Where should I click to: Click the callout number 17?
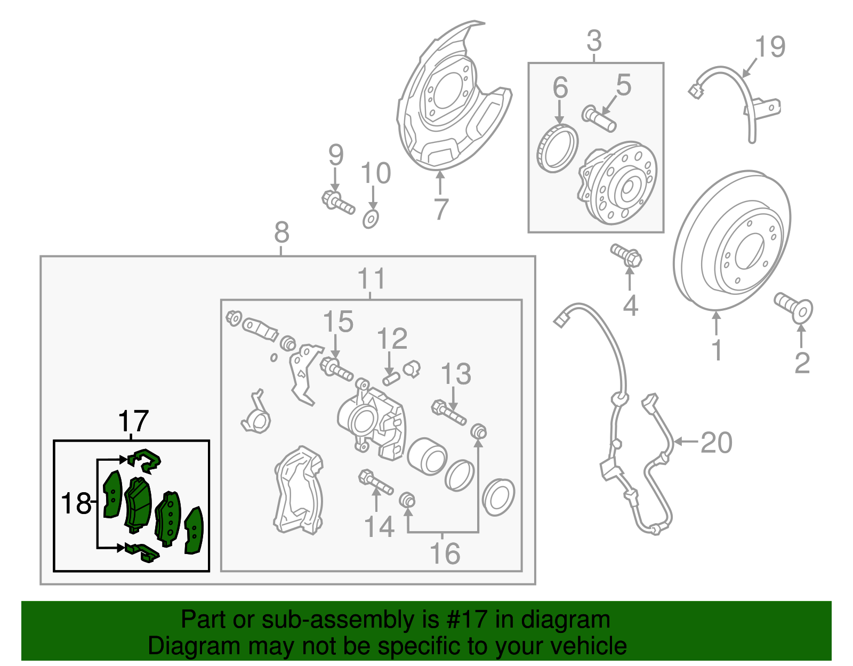[133, 421]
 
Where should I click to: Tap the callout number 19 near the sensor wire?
[770, 47]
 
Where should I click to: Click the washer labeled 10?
[371, 219]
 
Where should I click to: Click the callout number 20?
[716, 443]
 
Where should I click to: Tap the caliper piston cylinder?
[426, 456]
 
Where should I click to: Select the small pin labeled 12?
[391, 379]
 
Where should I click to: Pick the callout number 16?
[445, 553]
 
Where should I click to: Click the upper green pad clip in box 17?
[145, 460]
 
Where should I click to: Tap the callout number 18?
[76, 503]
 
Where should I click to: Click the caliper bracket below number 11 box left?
[299, 491]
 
